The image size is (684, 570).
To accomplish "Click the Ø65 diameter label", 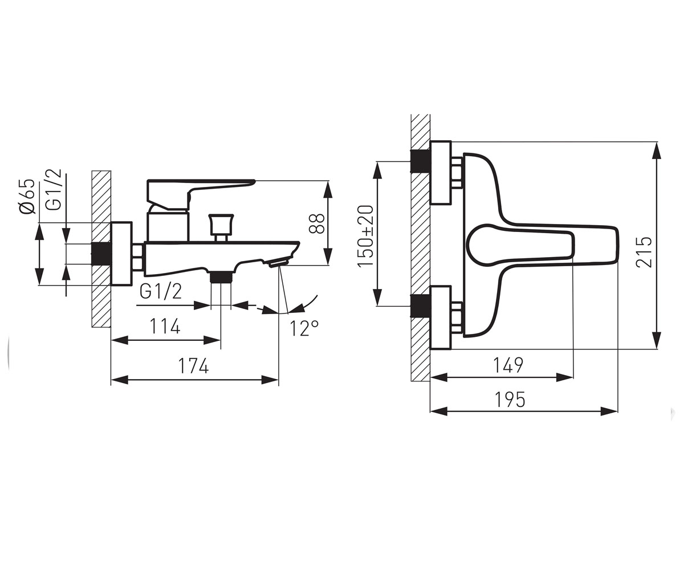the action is click(27, 197).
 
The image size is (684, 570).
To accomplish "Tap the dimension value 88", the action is click(316, 223).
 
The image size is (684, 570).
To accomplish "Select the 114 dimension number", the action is click(165, 326).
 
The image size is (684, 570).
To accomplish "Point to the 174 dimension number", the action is click(193, 365).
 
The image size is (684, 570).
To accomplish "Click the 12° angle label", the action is click(304, 328).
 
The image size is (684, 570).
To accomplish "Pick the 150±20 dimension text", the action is click(365, 236).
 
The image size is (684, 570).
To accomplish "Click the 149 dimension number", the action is click(508, 365).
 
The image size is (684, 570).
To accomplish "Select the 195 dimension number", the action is click(510, 400).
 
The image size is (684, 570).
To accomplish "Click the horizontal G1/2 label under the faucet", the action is click(161, 291).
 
